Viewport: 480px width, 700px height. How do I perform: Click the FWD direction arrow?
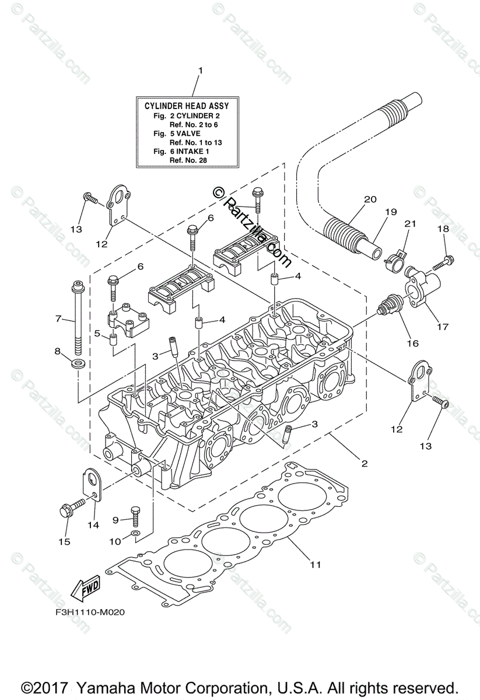tap(85, 587)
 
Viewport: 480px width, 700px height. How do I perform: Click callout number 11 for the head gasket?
tap(316, 564)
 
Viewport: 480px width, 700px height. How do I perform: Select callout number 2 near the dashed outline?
tap(364, 464)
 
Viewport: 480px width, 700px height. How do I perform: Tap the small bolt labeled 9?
tap(135, 515)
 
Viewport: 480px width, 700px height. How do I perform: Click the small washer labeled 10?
tap(135, 534)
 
